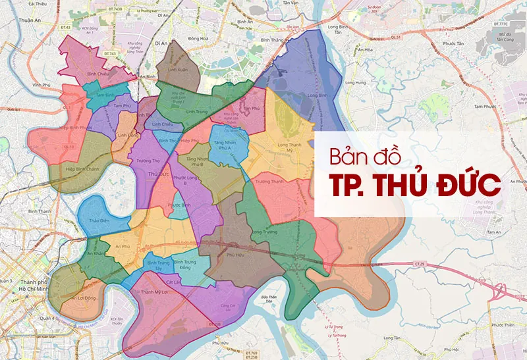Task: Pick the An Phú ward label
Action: [122, 246]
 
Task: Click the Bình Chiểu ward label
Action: [98, 74]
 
